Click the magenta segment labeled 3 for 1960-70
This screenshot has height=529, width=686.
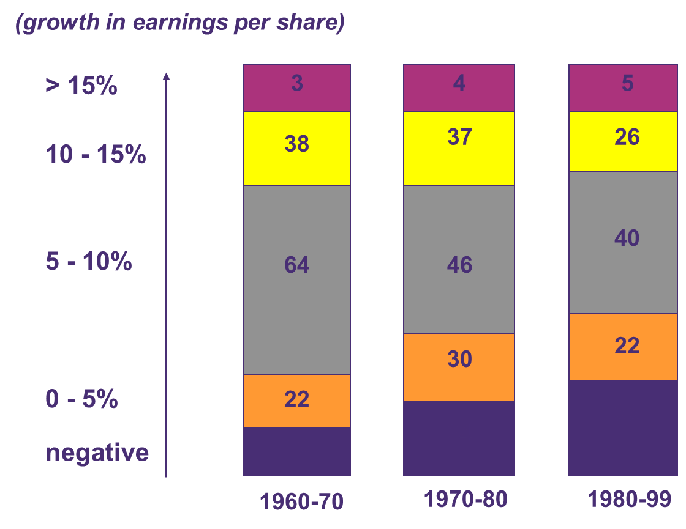296,87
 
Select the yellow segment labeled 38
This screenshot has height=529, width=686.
296,148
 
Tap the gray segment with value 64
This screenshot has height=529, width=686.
296,279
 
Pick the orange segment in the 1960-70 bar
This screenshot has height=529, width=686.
296,401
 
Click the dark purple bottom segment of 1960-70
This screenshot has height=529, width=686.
296,451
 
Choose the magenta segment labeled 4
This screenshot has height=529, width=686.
459,87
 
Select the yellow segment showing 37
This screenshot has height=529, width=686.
459,148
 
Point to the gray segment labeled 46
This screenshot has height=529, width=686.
459,259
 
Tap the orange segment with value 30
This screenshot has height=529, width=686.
459,366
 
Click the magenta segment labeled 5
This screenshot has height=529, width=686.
627,87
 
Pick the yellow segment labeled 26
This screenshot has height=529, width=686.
627,141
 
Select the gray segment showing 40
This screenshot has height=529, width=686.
627,242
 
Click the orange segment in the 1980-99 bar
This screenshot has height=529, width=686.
627,346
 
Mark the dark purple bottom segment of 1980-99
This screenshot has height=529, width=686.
627,427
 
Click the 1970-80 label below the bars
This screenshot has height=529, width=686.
466,500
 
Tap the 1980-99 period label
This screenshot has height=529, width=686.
629,500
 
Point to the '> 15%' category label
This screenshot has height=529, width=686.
81,86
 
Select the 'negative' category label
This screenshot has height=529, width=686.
97,453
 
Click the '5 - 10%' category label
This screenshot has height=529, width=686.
89,262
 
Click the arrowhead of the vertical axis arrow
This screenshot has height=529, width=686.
166,76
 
